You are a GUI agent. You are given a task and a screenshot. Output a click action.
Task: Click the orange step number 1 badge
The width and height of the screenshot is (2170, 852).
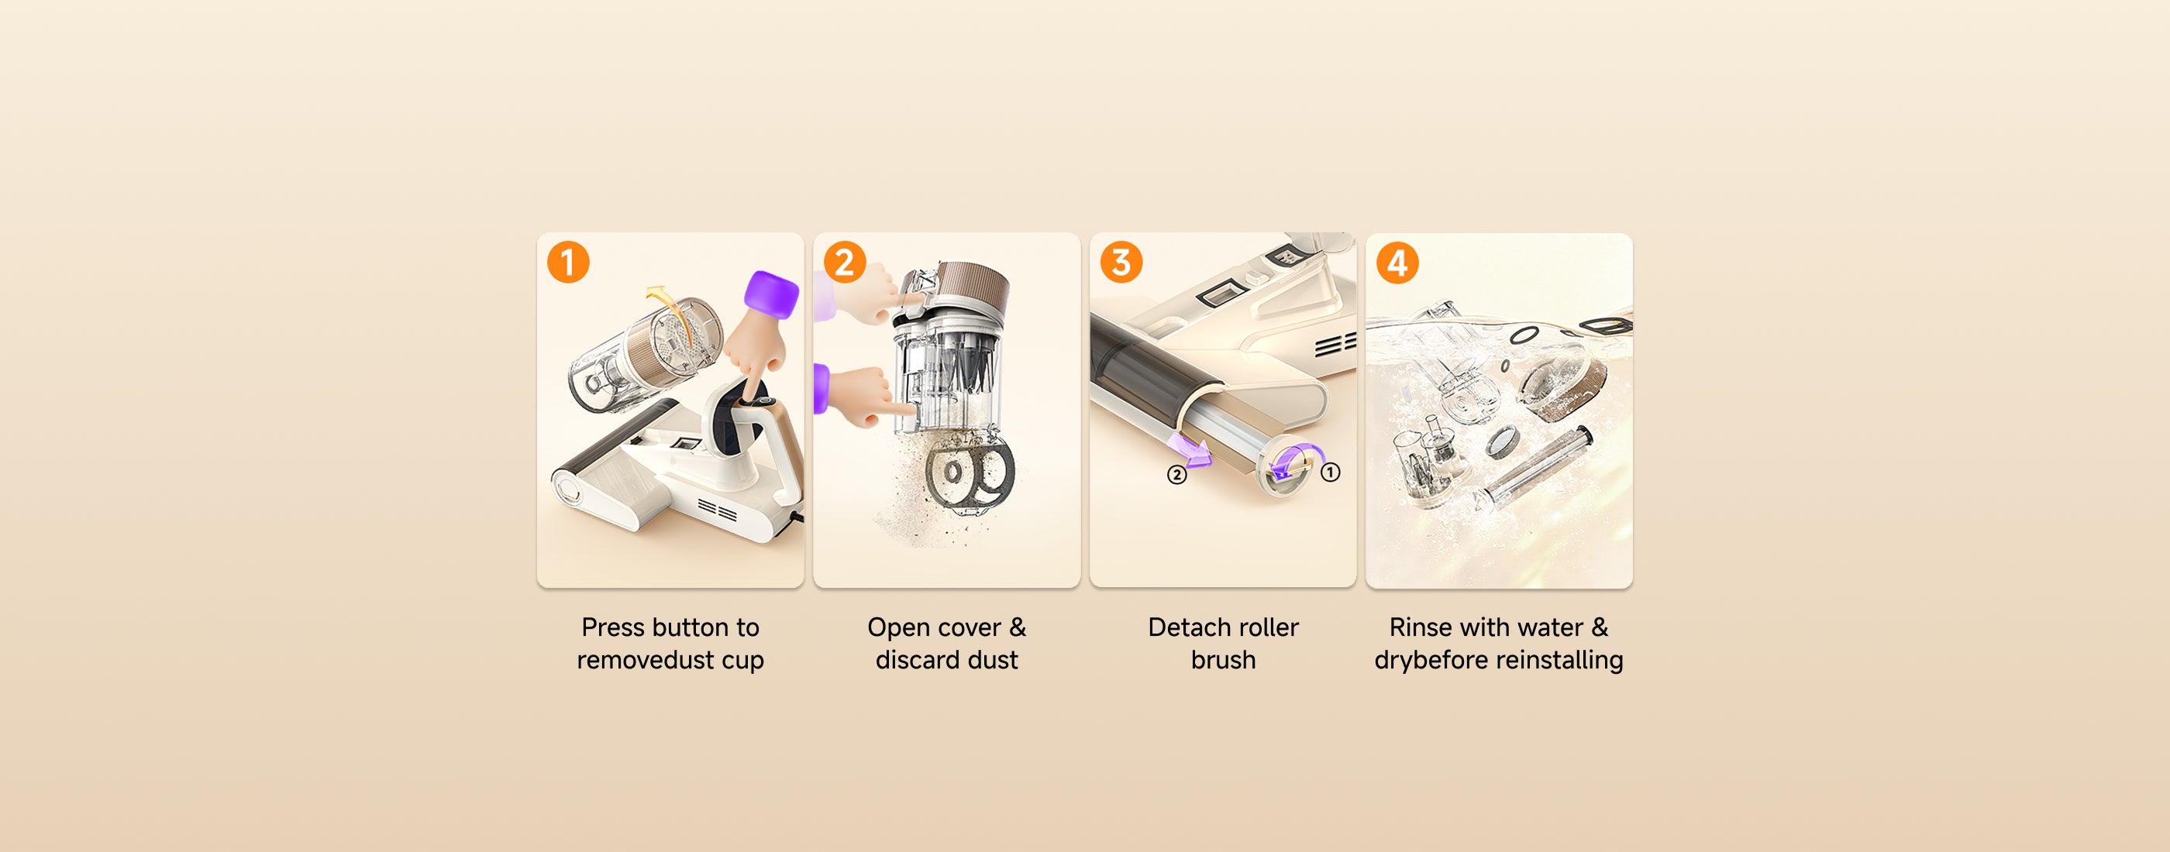click(x=568, y=262)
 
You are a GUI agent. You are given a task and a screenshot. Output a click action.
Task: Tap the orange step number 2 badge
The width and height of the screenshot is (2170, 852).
click(x=844, y=262)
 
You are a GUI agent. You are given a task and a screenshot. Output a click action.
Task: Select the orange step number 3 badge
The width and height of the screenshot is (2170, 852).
click(x=1121, y=262)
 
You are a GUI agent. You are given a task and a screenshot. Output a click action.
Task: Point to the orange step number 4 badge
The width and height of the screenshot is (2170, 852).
click(x=1397, y=262)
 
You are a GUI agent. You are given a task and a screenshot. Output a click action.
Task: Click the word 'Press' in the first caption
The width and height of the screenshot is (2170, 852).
click(x=612, y=627)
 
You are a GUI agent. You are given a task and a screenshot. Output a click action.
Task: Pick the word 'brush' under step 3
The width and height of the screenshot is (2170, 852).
click(x=1223, y=660)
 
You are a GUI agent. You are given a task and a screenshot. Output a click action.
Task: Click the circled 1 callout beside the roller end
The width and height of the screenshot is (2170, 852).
click(x=1330, y=472)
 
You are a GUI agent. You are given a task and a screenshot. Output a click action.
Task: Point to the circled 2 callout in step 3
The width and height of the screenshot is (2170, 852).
click(x=1176, y=475)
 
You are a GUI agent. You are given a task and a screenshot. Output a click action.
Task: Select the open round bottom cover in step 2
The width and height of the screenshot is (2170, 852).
click(x=969, y=477)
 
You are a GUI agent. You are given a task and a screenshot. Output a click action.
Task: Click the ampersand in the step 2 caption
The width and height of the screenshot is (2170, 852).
click(x=1017, y=627)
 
